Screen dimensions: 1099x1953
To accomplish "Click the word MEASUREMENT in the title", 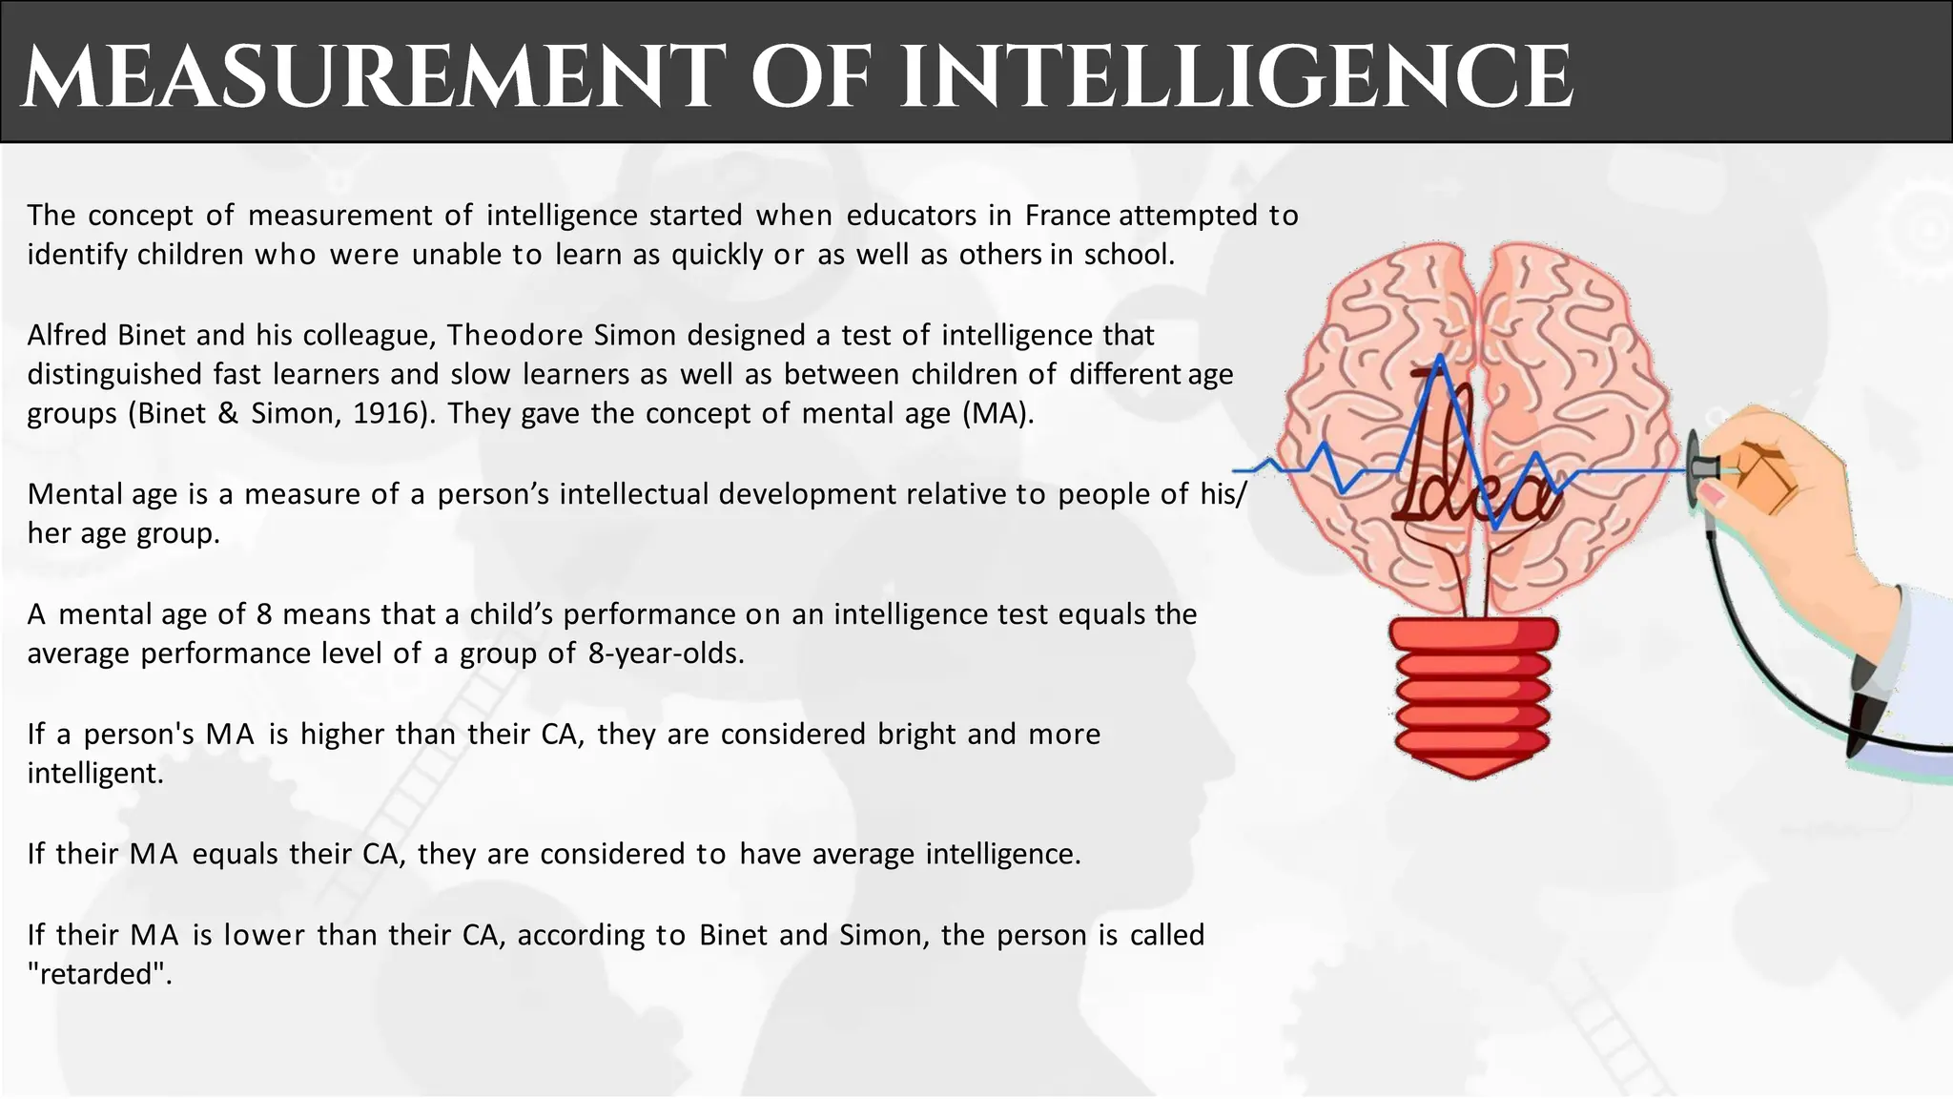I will click(368, 76).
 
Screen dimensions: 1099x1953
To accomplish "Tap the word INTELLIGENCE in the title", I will click(1236, 76).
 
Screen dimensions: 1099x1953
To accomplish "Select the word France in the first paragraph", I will click(1067, 216).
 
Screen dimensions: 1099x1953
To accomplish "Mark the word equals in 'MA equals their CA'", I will click(234, 853).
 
